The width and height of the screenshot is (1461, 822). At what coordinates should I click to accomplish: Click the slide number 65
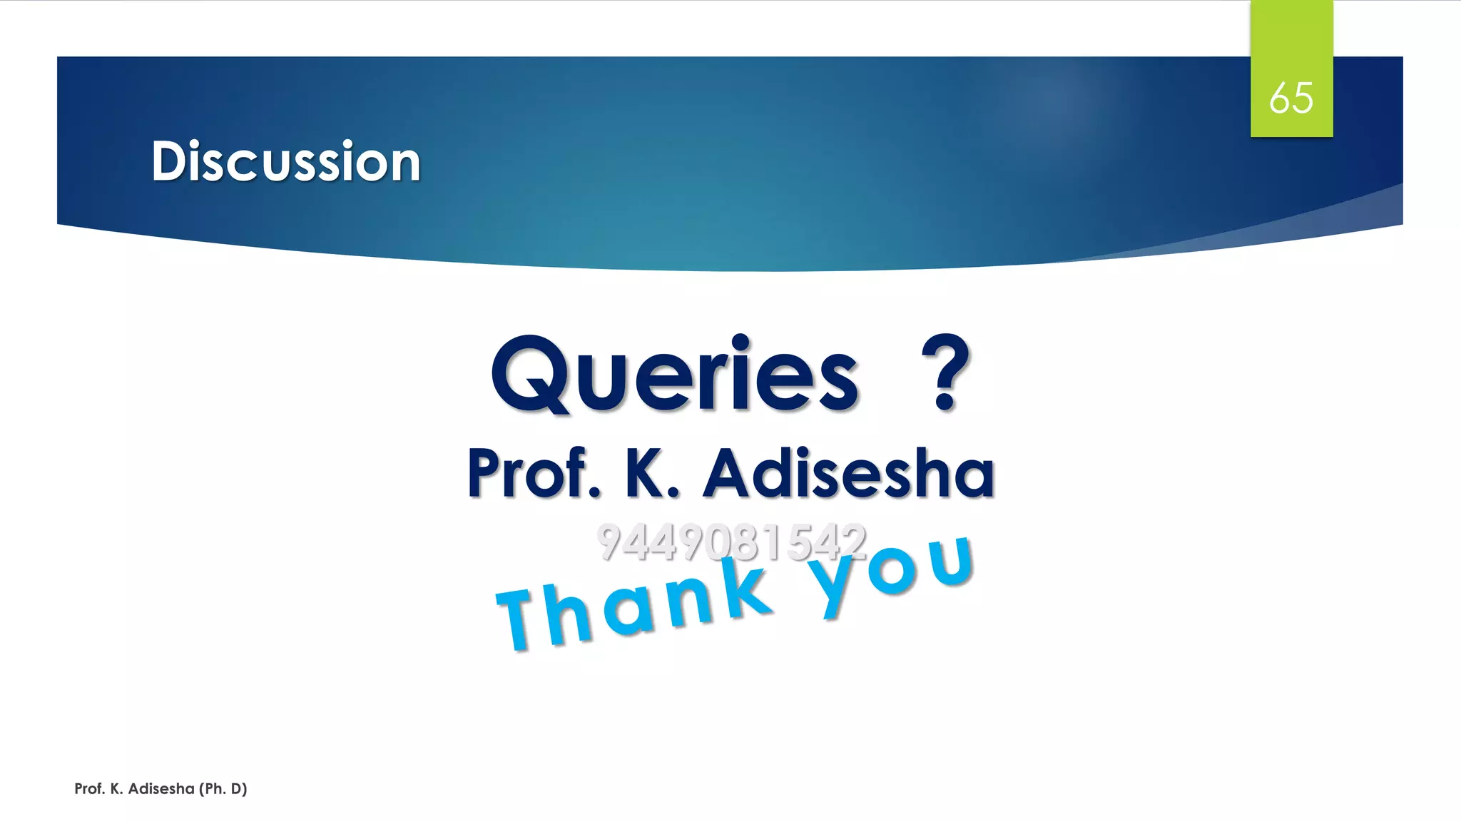(1291, 98)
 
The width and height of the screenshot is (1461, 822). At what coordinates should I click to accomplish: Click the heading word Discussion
(286, 161)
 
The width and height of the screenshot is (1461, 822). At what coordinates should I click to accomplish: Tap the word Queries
(675, 375)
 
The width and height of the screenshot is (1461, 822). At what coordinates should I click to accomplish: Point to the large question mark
(946, 373)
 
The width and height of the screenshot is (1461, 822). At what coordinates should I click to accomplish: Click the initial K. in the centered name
(651, 473)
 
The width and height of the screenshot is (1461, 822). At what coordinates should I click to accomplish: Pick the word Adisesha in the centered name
(849, 473)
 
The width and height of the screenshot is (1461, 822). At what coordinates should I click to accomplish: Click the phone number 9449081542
(732, 542)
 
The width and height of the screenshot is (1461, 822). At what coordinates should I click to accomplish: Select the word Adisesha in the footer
(161, 788)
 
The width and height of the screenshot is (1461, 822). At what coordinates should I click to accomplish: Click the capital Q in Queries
(529, 375)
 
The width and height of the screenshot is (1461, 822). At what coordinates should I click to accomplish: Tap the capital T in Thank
(523, 619)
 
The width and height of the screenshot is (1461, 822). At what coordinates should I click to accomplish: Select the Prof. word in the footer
(89, 788)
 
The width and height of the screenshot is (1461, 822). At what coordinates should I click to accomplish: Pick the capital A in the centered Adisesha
(729, 473)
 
